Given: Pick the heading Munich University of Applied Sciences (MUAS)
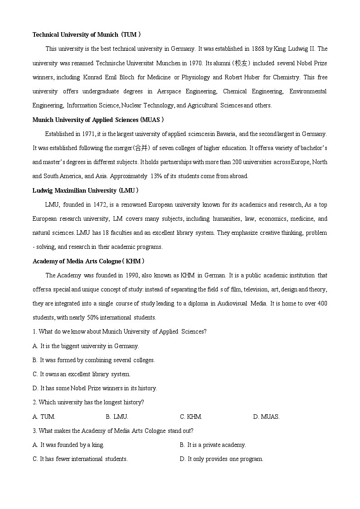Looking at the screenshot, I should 98,120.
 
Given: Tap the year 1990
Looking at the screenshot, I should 131,275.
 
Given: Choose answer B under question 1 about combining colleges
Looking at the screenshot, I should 94,360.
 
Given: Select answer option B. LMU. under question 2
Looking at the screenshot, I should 117,417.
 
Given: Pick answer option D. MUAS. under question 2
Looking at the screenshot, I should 266,417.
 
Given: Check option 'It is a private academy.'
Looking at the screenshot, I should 213,445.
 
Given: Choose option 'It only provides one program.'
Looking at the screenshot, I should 221,459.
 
